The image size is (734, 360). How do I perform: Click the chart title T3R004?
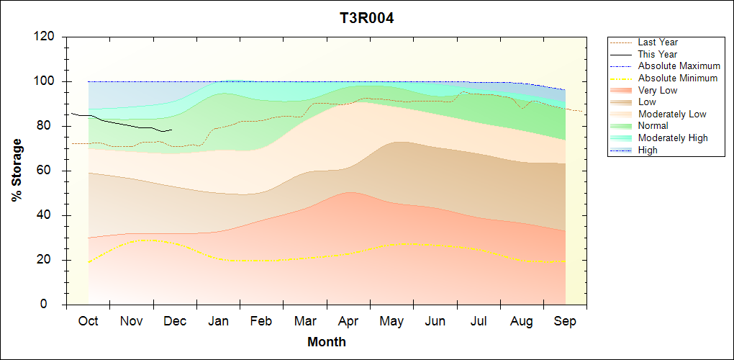(366, 18)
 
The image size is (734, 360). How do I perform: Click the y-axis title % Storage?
(17, 174)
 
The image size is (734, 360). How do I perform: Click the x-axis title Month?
(326, 342)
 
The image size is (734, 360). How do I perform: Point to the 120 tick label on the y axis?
(45, 37)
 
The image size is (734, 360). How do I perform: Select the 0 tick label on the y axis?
(53, 305)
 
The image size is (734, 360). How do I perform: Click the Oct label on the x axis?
(88, 321)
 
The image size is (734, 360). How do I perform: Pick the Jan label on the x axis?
(218, 321)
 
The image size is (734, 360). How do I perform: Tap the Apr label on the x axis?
(348, 321)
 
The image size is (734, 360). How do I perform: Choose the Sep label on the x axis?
(565, 321)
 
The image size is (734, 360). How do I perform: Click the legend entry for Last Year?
(658, 42)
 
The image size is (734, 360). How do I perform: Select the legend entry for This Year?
(658, 54)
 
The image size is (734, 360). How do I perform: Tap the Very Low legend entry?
(658, 90)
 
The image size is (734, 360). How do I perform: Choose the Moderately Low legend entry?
(672, 114)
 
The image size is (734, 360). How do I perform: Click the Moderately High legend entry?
(673, 138)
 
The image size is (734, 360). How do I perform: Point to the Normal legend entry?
(653, 126)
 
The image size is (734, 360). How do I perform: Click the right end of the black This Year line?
(172, 130)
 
